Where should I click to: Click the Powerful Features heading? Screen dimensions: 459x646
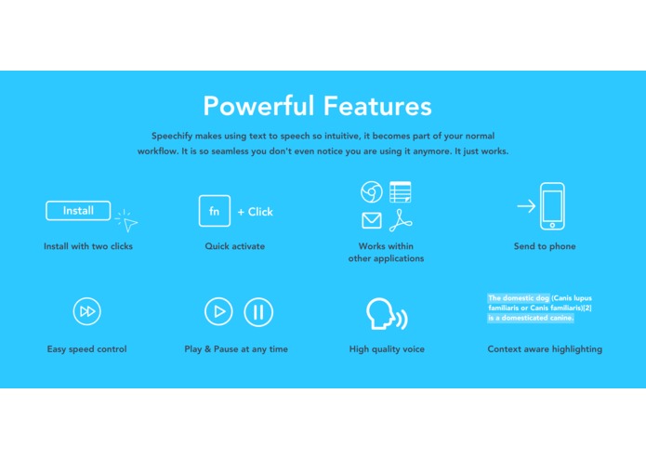tap(317, 104)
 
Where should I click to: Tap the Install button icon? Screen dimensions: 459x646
tap(78, 211)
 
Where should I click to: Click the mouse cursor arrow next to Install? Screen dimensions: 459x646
tap(129, 223)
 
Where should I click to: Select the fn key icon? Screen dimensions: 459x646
tap(214, 211)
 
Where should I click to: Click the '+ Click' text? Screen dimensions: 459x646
tap(255, 212)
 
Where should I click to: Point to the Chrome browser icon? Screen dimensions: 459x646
tap(372, 192)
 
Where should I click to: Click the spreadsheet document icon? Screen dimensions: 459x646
tap(401, 192)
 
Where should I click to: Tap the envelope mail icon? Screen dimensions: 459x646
tap(372, 221)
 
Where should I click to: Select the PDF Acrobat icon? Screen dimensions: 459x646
tap(401, 221)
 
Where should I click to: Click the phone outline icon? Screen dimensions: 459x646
tap(553, 205)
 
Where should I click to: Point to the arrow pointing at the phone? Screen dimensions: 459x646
tap(526, 205)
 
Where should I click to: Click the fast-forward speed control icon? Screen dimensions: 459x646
tap(86, 311)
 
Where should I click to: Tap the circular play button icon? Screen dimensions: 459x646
tap(218, 311)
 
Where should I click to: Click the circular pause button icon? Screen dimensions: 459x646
tap(258, 311)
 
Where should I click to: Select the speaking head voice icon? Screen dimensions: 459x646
tap(385, 315)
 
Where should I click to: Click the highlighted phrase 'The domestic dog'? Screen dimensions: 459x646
tap(519, 298)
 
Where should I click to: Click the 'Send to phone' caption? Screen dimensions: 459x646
tap(545, 246)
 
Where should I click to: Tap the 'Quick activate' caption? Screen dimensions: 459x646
tap(235, 246)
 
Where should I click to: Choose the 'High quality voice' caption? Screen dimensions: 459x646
tap(387, 349)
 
